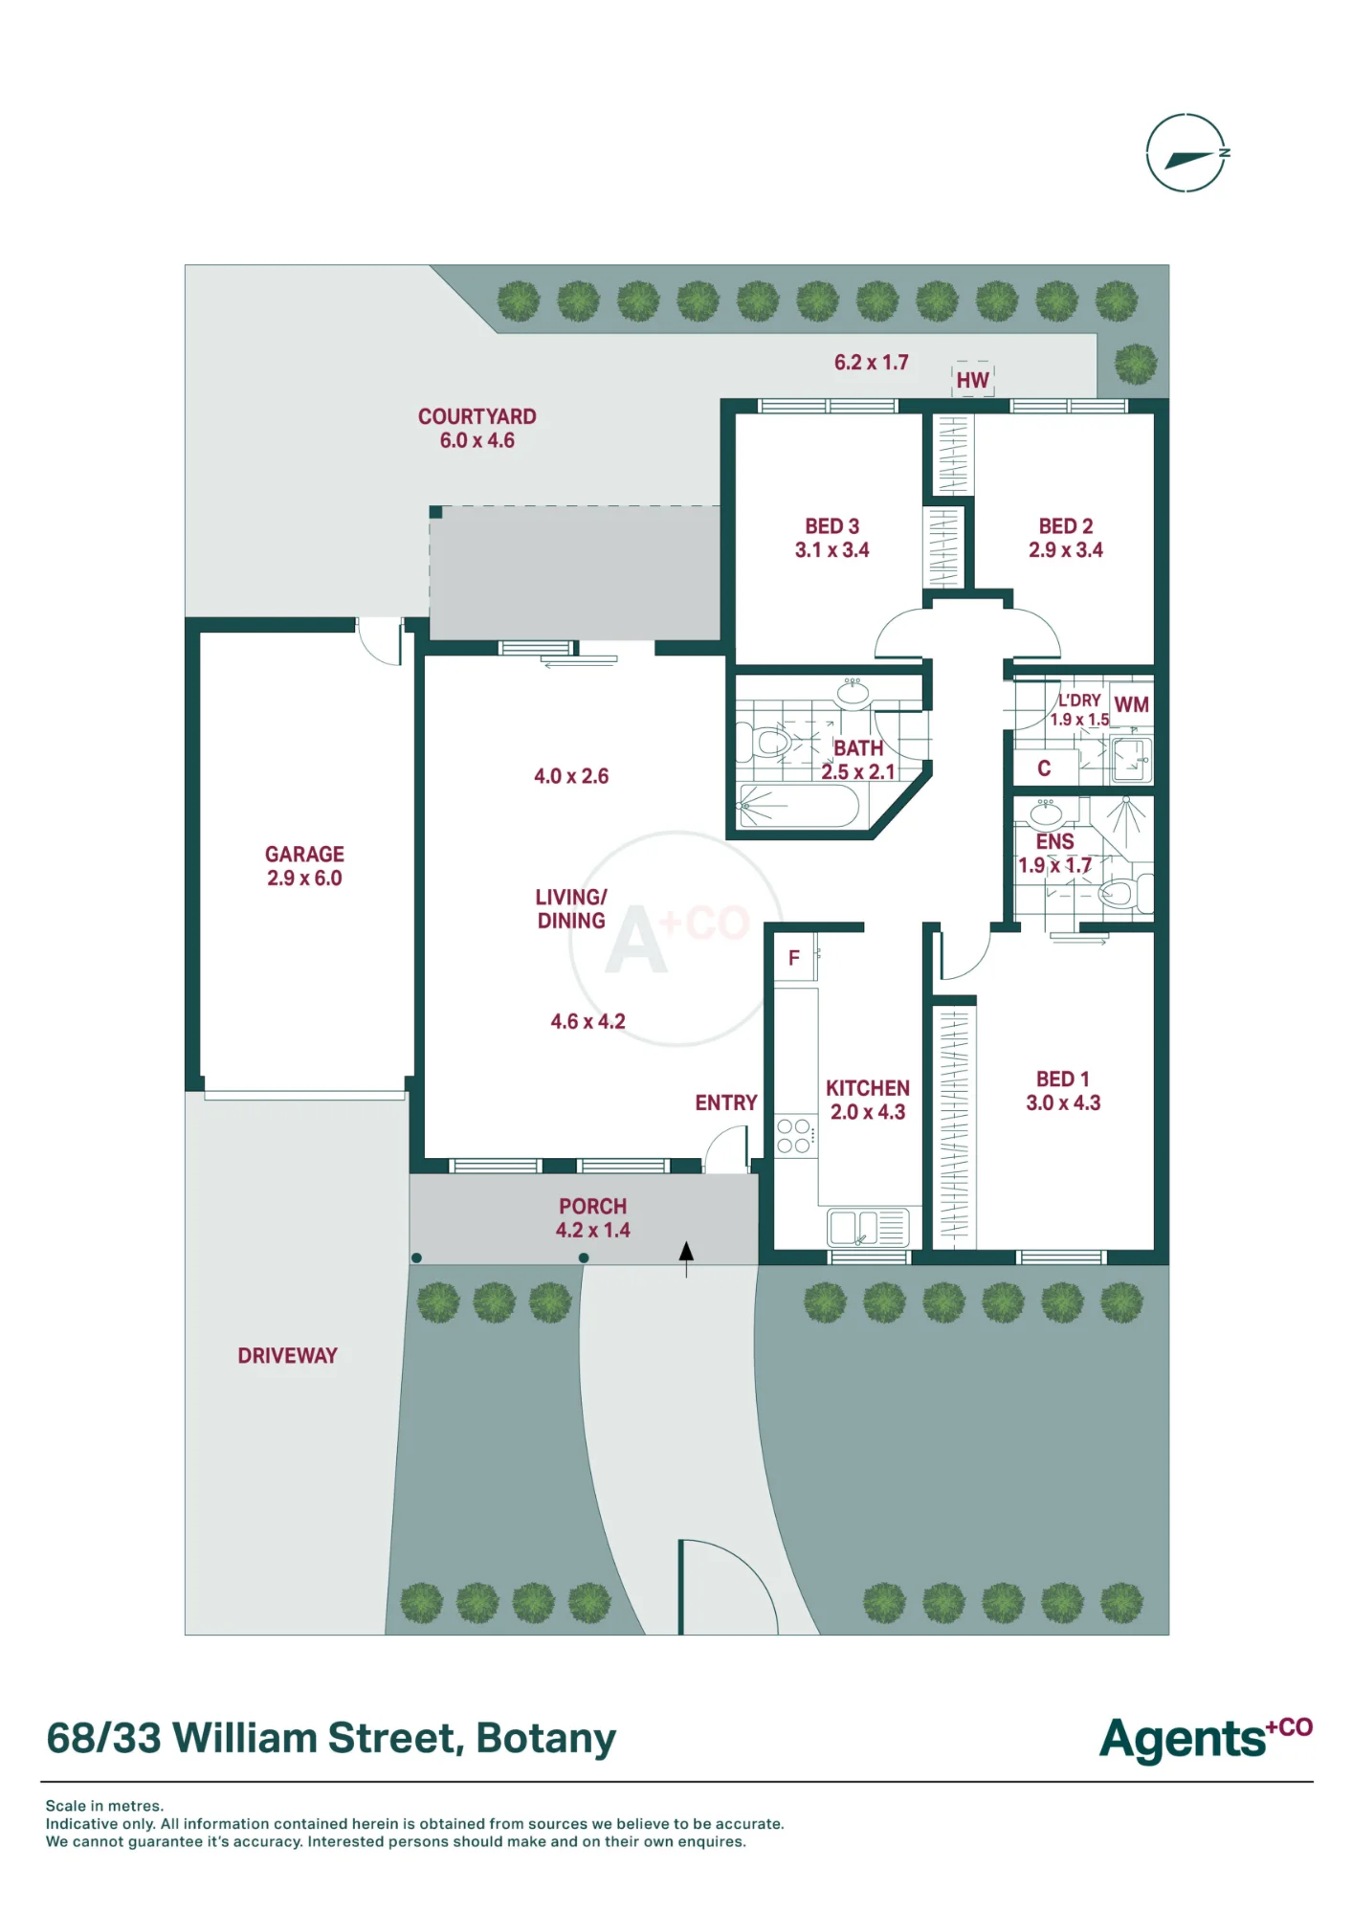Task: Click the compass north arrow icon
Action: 1186,153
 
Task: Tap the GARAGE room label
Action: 304,854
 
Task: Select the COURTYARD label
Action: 477,416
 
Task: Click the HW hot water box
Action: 973,380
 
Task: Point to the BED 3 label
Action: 831,526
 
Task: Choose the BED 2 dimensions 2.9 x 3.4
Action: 1065,550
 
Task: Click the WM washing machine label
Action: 1131,704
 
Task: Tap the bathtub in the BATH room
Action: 799,807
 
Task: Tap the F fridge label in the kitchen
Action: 793,958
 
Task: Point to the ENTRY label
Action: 725,1102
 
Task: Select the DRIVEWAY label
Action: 287,1355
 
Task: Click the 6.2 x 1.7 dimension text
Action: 871,362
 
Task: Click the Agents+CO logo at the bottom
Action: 1206,1739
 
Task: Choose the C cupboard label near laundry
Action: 1044,768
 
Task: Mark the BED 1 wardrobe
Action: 954,1127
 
